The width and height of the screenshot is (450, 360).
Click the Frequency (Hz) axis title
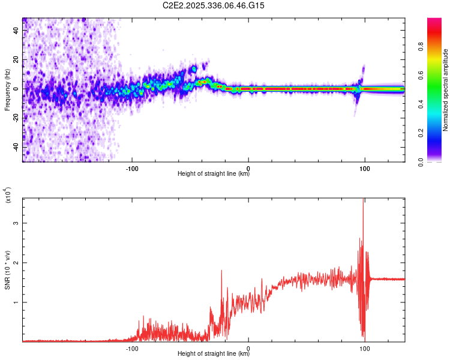point(7,89)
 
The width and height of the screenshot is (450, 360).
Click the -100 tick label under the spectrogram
point(133,167)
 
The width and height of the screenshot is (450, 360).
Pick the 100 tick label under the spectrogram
point(364,167)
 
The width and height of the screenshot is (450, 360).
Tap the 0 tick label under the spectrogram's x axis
point(248,167)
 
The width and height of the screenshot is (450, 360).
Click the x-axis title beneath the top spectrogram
point(214,174)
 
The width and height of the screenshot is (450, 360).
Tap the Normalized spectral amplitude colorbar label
point(445,90)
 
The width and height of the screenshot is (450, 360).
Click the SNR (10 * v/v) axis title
point(8,270)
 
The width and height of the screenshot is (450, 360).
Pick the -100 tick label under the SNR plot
point(133,347)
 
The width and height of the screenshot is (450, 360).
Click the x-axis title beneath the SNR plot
point(214,354)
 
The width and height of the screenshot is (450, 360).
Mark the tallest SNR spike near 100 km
point(364,200)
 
